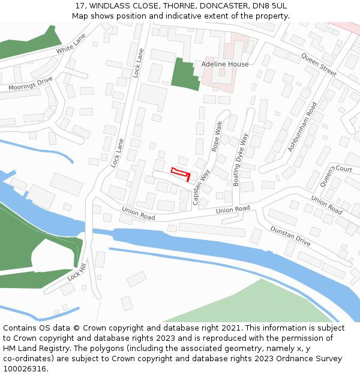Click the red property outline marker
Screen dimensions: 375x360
pos(181,173)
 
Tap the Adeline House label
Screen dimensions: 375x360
pos(225,64)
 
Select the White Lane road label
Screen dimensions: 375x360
pos(71,43)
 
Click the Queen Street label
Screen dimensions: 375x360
pos(319,64)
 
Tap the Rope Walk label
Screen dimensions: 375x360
pos(217,136)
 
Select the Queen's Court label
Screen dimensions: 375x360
pos(336,175)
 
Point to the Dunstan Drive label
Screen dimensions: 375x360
pos(290,236)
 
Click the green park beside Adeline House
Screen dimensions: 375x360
pos(184,74)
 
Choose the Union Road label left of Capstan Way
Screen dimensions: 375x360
pos(139,213)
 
